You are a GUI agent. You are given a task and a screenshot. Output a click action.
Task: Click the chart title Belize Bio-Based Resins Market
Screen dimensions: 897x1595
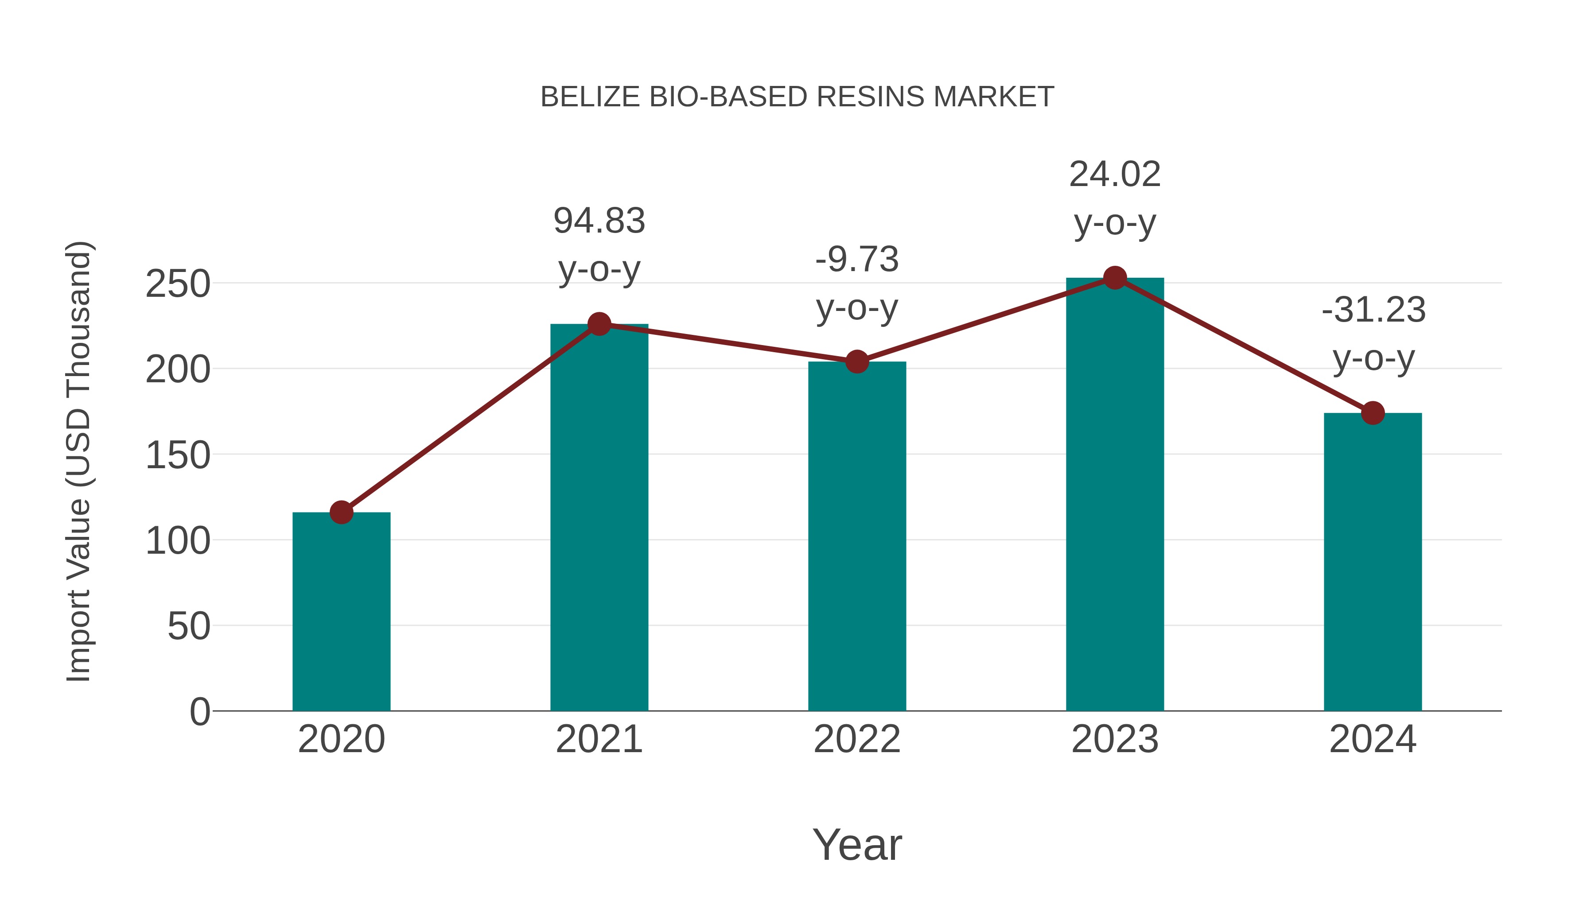click(x=797, y=97)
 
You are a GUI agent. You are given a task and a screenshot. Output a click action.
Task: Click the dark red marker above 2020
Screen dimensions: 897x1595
click(x=341, y=512)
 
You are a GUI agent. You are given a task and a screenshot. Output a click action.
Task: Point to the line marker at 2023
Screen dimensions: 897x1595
click(x=1115, y=278)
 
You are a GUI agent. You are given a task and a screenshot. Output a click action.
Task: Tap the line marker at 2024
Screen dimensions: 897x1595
click(x=1373, y=413)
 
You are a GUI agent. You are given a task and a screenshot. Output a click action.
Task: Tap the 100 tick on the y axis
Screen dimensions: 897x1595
click(x=178, y=541)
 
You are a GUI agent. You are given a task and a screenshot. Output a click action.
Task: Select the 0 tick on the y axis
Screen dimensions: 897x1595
click(x=199, y=711)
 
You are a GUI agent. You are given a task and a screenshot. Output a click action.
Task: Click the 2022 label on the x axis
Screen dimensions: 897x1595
click(x=857, y=739)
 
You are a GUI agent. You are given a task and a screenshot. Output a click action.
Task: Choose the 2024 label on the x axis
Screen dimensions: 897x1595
click(x=1373, y=739)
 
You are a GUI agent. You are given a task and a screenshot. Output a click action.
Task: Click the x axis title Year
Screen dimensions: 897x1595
click(x=857, y=844)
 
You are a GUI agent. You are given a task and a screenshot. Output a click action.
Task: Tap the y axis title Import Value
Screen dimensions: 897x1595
click(x=79, y=461)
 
